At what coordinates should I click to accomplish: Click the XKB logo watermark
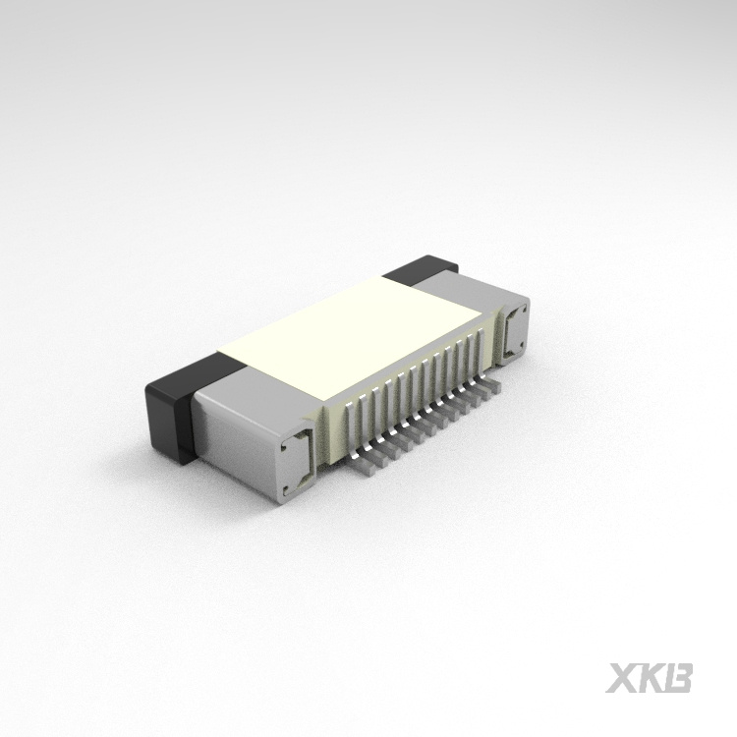click(x=650, y=678)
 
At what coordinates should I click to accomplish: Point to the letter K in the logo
click(x=652, y=678)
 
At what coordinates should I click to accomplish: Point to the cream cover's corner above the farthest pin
click(x=482, y=312)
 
